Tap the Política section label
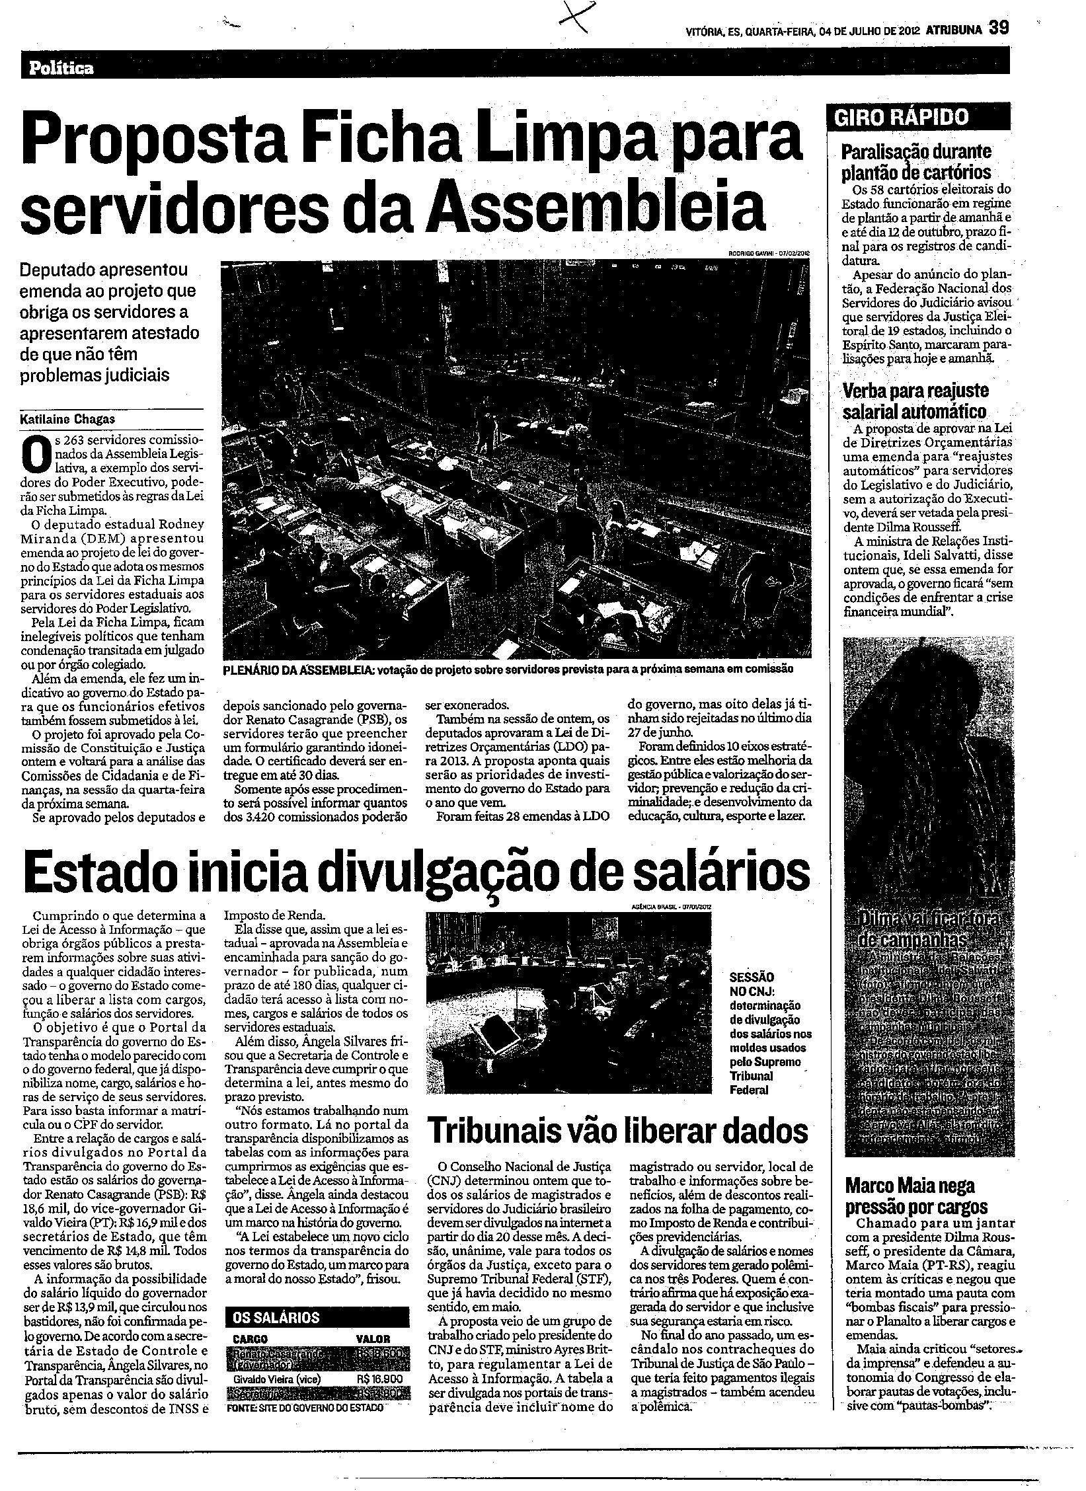pyautogui.click(x=61, y=68)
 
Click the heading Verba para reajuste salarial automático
pyautogui.click(x=915, y=401)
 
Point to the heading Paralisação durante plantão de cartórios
pyautogui.click(x=915, y=162)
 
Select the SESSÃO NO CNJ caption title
pyautogui.click(x=752, y=984)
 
